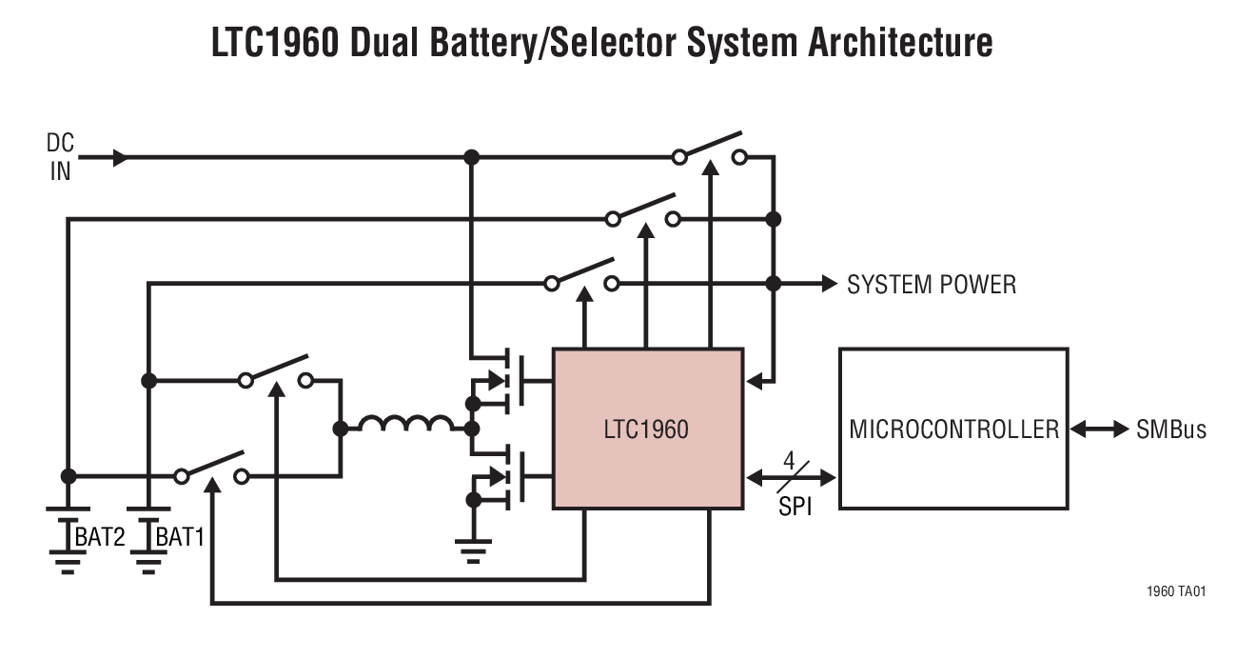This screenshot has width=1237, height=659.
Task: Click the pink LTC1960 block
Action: coord(646,429)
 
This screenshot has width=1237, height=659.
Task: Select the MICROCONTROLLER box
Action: coord(952,429)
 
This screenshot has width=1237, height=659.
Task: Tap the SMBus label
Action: coord(1171,429)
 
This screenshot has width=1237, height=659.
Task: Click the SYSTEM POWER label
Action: coord(931,284)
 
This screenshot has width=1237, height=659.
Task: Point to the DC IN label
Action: coord(60,157)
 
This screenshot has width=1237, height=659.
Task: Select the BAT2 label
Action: coord(100,538)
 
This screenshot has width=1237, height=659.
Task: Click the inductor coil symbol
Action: coord(406,424)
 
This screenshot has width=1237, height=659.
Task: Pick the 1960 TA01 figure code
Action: coord(1176,591)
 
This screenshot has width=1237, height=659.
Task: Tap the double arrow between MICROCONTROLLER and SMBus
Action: coord(1100,429)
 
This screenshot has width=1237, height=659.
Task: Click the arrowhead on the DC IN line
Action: coord(120,158)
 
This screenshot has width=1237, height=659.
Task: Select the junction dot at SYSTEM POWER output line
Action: coord(773,284)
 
